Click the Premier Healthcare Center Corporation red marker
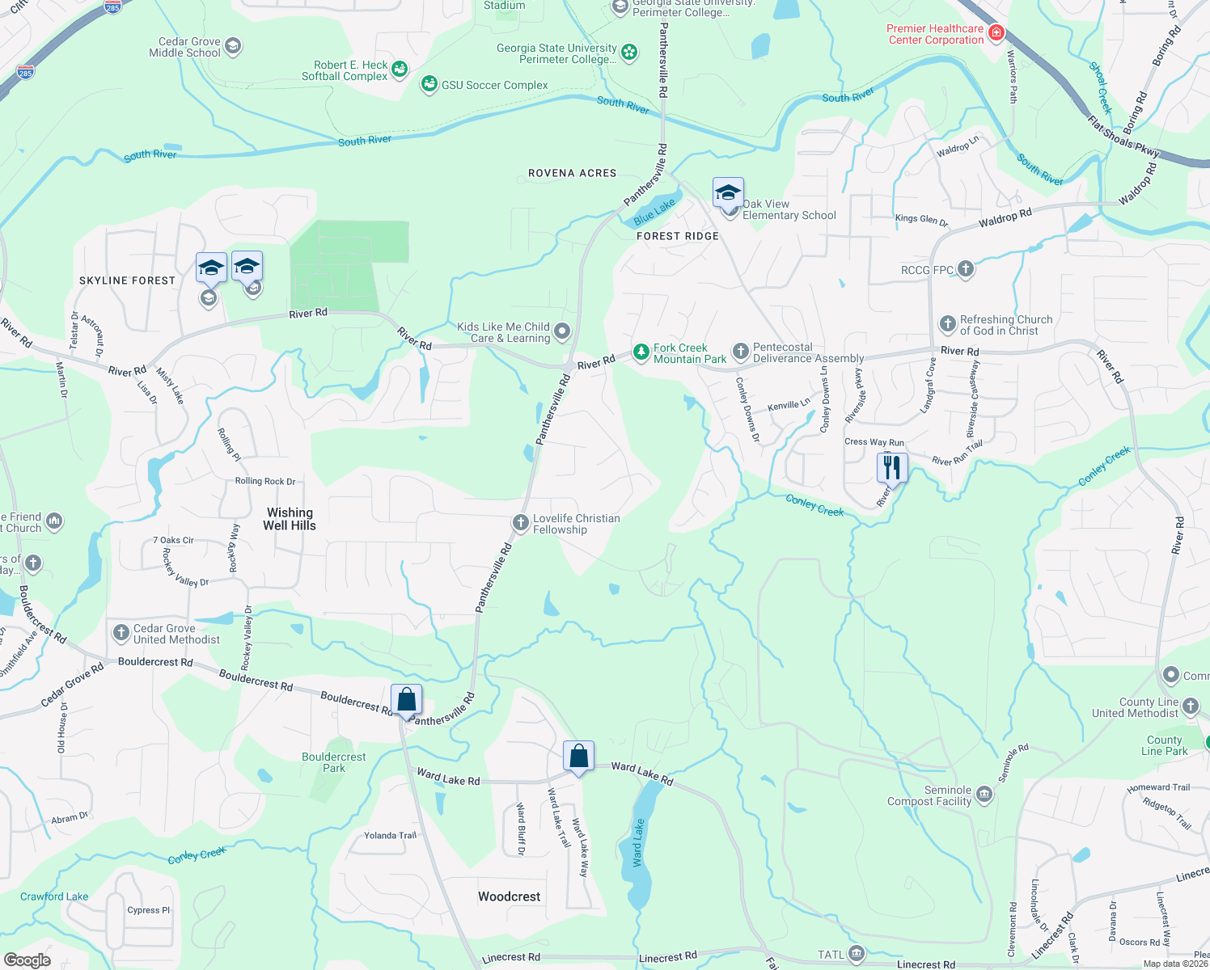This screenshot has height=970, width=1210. [996, 33]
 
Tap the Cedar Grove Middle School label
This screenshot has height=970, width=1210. [185, 47]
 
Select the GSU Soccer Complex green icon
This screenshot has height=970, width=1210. [429, 84]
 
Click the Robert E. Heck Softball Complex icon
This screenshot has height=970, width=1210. [400, 70]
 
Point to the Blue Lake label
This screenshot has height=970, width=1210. [654, 213]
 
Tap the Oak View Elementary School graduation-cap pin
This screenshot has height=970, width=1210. [728, 194]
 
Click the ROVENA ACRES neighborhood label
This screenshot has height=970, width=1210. [572, 173]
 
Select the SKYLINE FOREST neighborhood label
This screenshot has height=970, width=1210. [127, 280]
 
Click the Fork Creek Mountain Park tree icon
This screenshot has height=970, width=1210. [641, 352]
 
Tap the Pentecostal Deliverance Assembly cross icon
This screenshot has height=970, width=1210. [740, 352]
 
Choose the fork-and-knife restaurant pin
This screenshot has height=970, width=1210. [891, 467]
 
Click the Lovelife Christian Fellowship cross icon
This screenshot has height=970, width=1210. [521, 523]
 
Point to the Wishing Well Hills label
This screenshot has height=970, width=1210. [290, 519]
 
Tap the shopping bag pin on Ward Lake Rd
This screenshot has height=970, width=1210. [578, 757]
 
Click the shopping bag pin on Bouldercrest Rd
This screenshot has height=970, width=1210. [406, 700]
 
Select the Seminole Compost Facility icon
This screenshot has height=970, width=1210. [984, 795]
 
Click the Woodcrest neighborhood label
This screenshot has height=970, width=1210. [509, 896]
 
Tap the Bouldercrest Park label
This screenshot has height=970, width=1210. [333, 762]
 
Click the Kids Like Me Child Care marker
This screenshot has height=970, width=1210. [562, 331]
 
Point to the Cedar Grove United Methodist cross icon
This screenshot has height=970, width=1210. [121, 633]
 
